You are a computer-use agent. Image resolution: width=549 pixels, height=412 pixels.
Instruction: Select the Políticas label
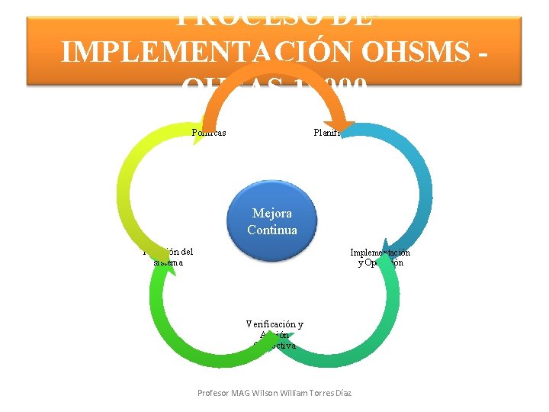click(208, 133)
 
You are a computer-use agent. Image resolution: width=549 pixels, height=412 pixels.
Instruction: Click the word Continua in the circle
click(271, 230)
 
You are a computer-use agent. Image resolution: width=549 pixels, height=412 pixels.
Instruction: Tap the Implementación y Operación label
click(380, 257)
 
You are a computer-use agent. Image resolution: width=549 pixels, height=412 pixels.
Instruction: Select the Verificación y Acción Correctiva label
click(274, 334)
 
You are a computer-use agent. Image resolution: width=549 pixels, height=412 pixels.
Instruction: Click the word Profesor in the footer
click(214, 393)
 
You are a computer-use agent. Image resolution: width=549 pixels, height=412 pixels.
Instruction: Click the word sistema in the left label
click(168, 262)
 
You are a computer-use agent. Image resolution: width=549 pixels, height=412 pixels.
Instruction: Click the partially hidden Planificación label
click(327, 133)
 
